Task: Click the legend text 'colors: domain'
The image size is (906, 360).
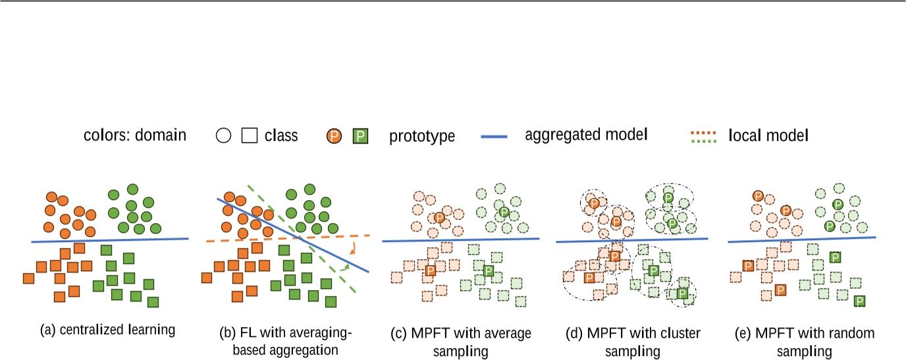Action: tap(135, 136)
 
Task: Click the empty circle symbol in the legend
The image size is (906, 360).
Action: tap(224, 136)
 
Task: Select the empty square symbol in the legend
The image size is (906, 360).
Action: tap(249, 136)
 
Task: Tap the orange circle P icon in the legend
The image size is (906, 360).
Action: tap(334, 136)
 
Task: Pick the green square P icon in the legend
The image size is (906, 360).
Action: tap(360, 136)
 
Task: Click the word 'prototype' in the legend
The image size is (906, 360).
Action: tap(422, 137)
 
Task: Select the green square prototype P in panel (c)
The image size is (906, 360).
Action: tap(489, 270)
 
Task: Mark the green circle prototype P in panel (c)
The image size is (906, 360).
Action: tap(504, 212)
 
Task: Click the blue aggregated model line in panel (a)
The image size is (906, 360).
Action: tap(110, 240)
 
